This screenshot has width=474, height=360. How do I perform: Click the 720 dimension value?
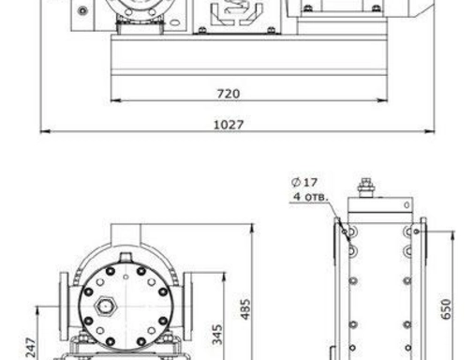[x=229, y=94]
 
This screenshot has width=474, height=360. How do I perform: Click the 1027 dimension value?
[x=229, y=125]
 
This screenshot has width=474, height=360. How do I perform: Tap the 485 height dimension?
[x=245, y=309]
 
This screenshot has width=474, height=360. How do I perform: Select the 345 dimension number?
[x=217, y=335]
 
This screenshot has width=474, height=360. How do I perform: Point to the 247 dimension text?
[x=31, y=348]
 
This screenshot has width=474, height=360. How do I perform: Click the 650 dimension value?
[x=446, y=309]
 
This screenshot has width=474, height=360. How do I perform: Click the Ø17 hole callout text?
[x=304, y=182]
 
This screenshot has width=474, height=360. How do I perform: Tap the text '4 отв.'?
[x=310, y=197]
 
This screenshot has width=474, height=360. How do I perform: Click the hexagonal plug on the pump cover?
[x=105, y=307]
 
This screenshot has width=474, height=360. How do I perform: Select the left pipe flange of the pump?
[x=64, y=307]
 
